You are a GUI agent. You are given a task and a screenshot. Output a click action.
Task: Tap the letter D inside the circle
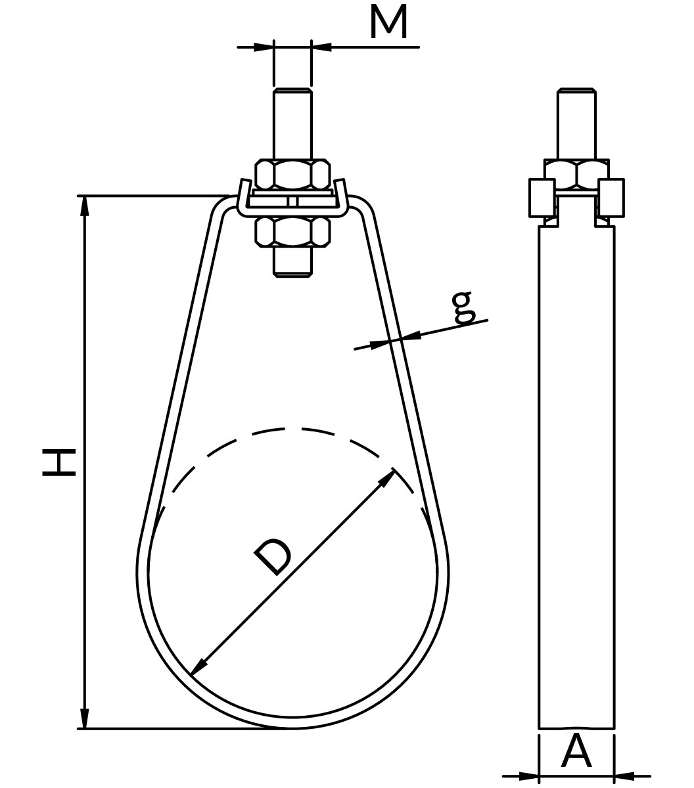click(x=273, y=556)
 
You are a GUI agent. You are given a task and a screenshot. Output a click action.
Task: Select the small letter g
click(x=463, y=307)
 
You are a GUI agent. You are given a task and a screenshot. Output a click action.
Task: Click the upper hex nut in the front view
click(x=292, y=175)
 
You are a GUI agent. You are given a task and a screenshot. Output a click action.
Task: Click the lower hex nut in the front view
click(x=292, y=232)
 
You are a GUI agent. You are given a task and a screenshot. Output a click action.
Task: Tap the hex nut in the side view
click(x=577, y=174)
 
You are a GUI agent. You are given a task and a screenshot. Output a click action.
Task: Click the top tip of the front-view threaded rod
click(x=292, y=89)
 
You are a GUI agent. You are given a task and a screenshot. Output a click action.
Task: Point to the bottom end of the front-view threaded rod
click(x=292, y=276)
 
